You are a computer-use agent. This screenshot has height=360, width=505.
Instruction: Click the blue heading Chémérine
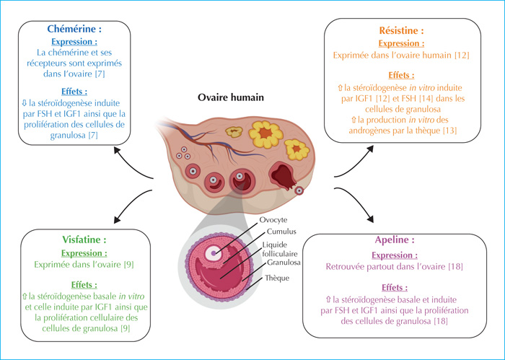74,29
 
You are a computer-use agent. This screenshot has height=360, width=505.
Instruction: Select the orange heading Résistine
401,30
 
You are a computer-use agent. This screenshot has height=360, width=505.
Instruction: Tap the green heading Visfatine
84,240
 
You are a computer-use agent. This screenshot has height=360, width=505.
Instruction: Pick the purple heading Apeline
395,240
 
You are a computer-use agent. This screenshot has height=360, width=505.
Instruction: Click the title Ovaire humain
231,97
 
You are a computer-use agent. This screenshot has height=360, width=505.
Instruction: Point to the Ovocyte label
273,220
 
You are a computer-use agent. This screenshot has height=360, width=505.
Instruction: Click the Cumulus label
281,232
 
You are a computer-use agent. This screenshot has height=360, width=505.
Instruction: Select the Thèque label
277,278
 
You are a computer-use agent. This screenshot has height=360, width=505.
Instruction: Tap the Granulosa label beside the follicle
284,263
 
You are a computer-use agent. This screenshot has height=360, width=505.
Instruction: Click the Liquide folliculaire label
280,249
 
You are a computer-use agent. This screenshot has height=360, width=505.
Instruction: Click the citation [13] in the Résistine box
450,131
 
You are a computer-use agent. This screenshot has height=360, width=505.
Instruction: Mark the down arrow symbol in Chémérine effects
25,103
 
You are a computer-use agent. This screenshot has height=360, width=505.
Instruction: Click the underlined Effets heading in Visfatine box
84,285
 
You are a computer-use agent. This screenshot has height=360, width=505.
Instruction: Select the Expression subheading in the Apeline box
395,255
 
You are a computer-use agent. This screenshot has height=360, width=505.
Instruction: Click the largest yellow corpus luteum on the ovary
265,134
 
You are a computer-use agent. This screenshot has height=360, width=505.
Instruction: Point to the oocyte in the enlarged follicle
214,253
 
